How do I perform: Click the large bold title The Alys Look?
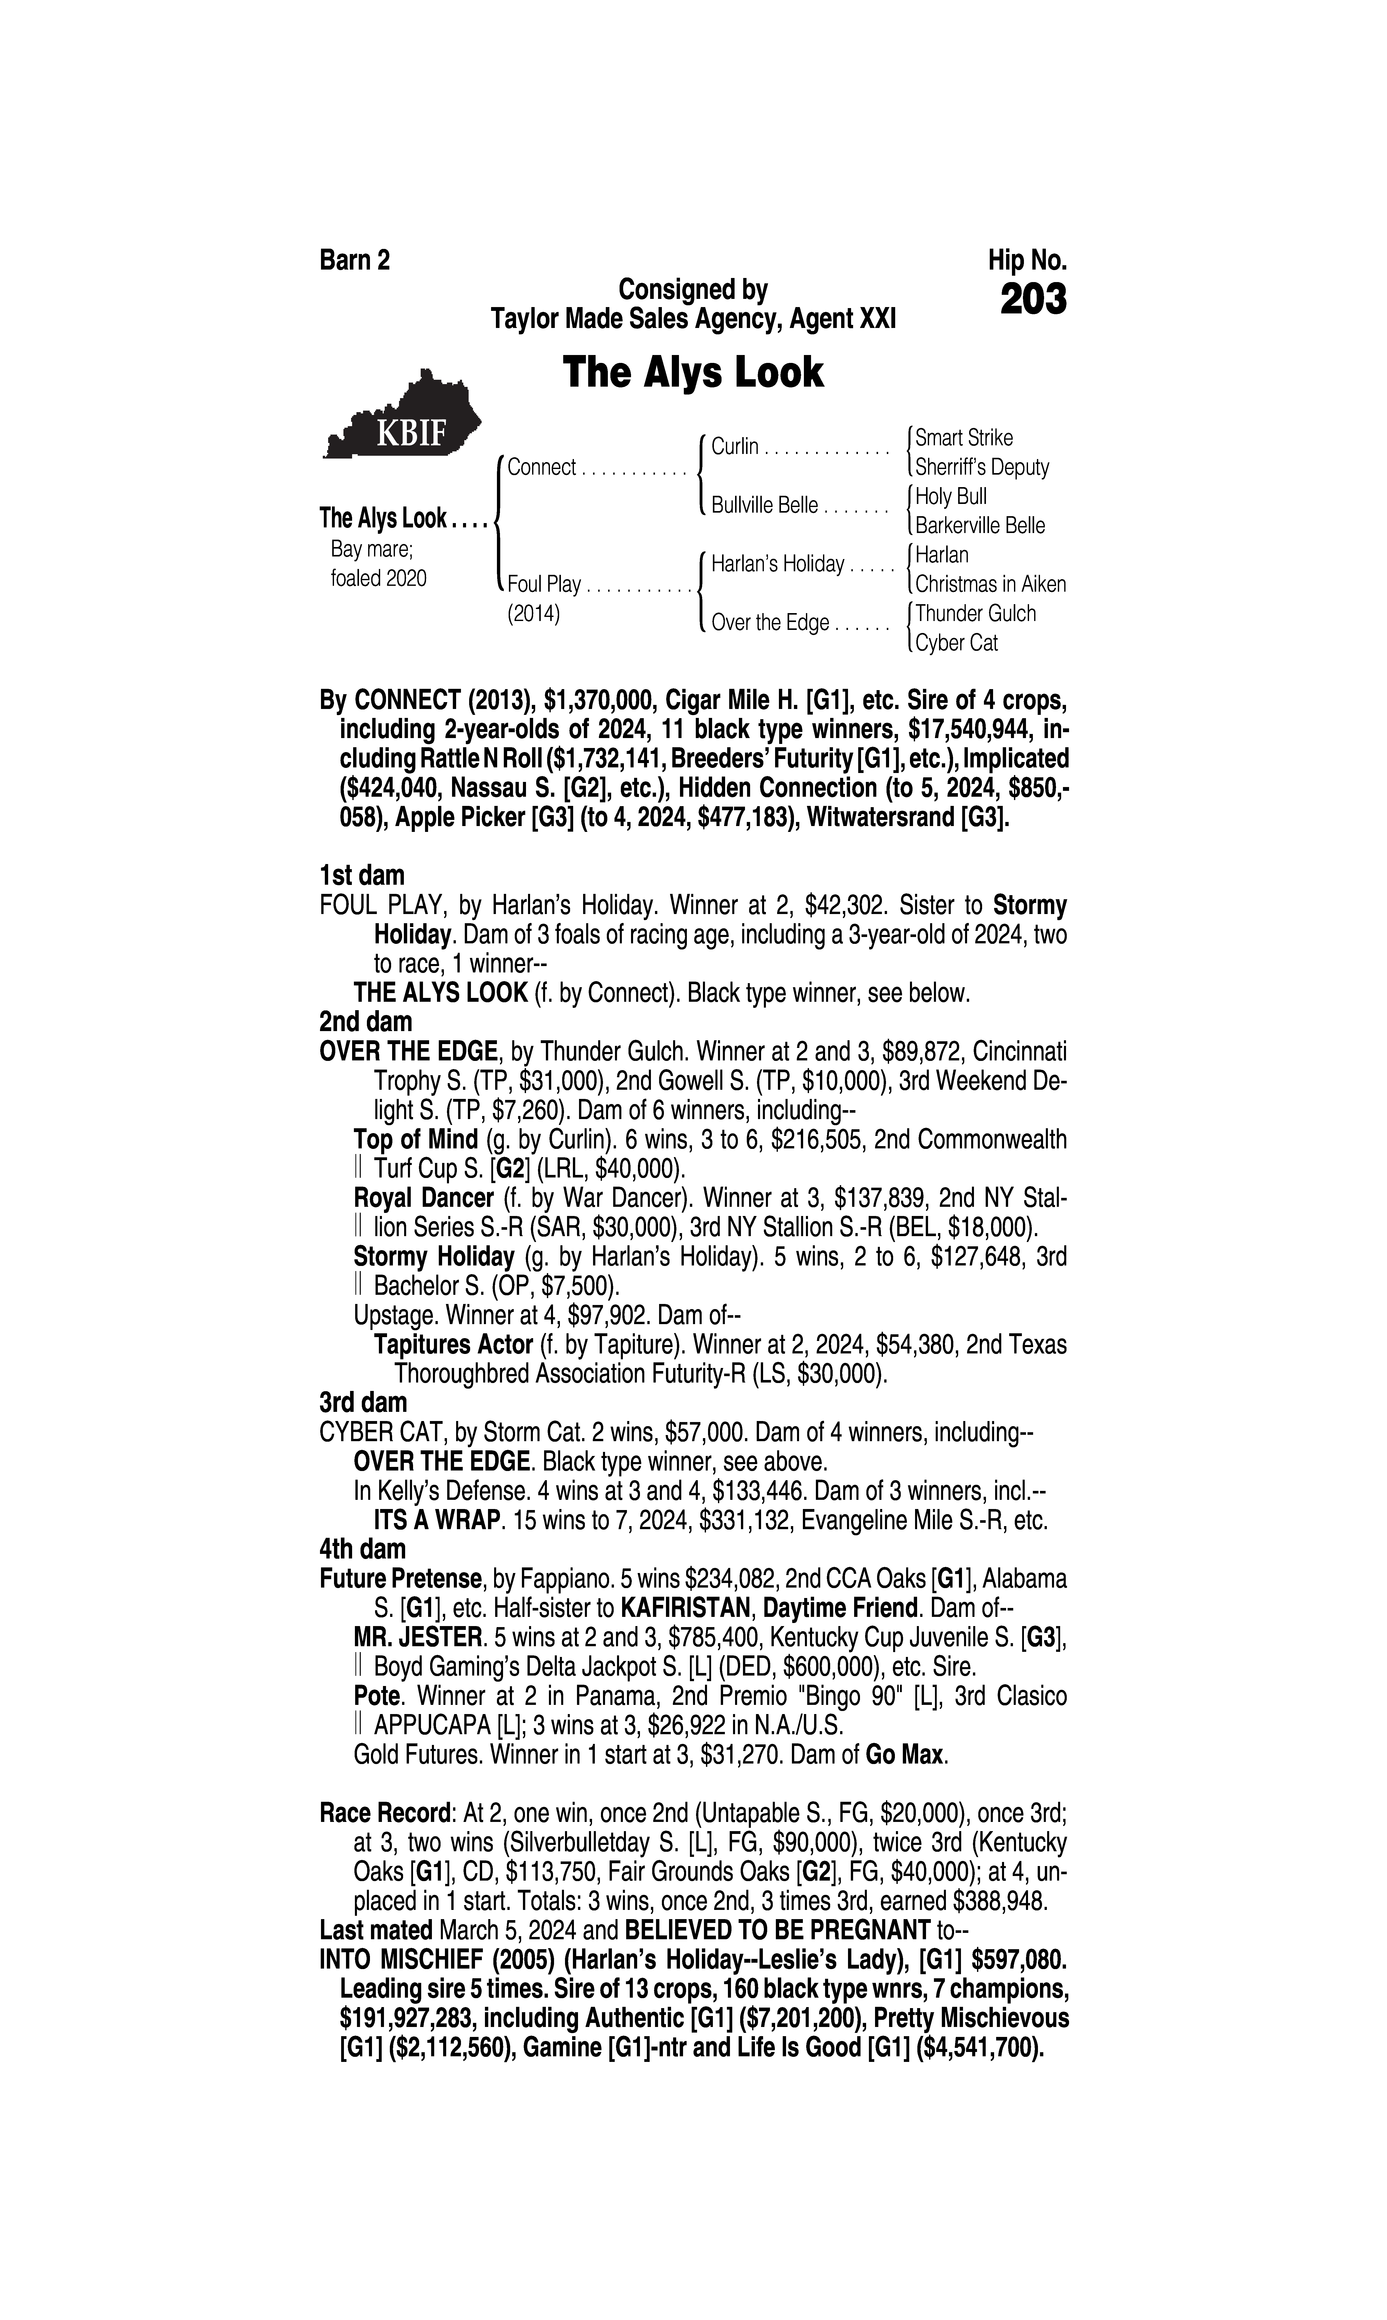point(692,372)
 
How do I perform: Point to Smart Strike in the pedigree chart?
point(964,437)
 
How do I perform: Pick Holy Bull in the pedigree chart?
point(951,496)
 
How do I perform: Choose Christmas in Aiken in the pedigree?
point(990,584)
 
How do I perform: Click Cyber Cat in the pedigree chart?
point(956,643)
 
